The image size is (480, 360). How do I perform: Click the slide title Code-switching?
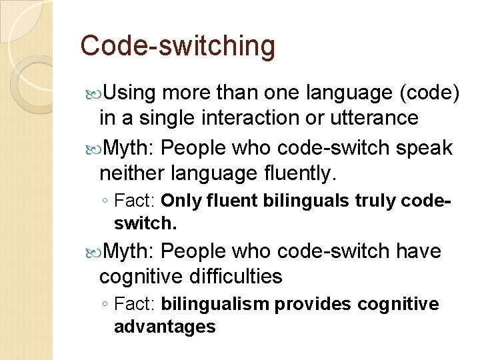pyautogui.click(x=177, y=46)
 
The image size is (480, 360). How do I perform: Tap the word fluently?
pyautogui.click(x=303, y=174)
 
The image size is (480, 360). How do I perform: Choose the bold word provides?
pyautogui.click(x=313, y=305)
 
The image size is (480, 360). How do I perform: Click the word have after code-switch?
pyautogui.click(x=419, y=251)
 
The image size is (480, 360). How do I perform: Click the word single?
pyautogui.click(x=161, y=119)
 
